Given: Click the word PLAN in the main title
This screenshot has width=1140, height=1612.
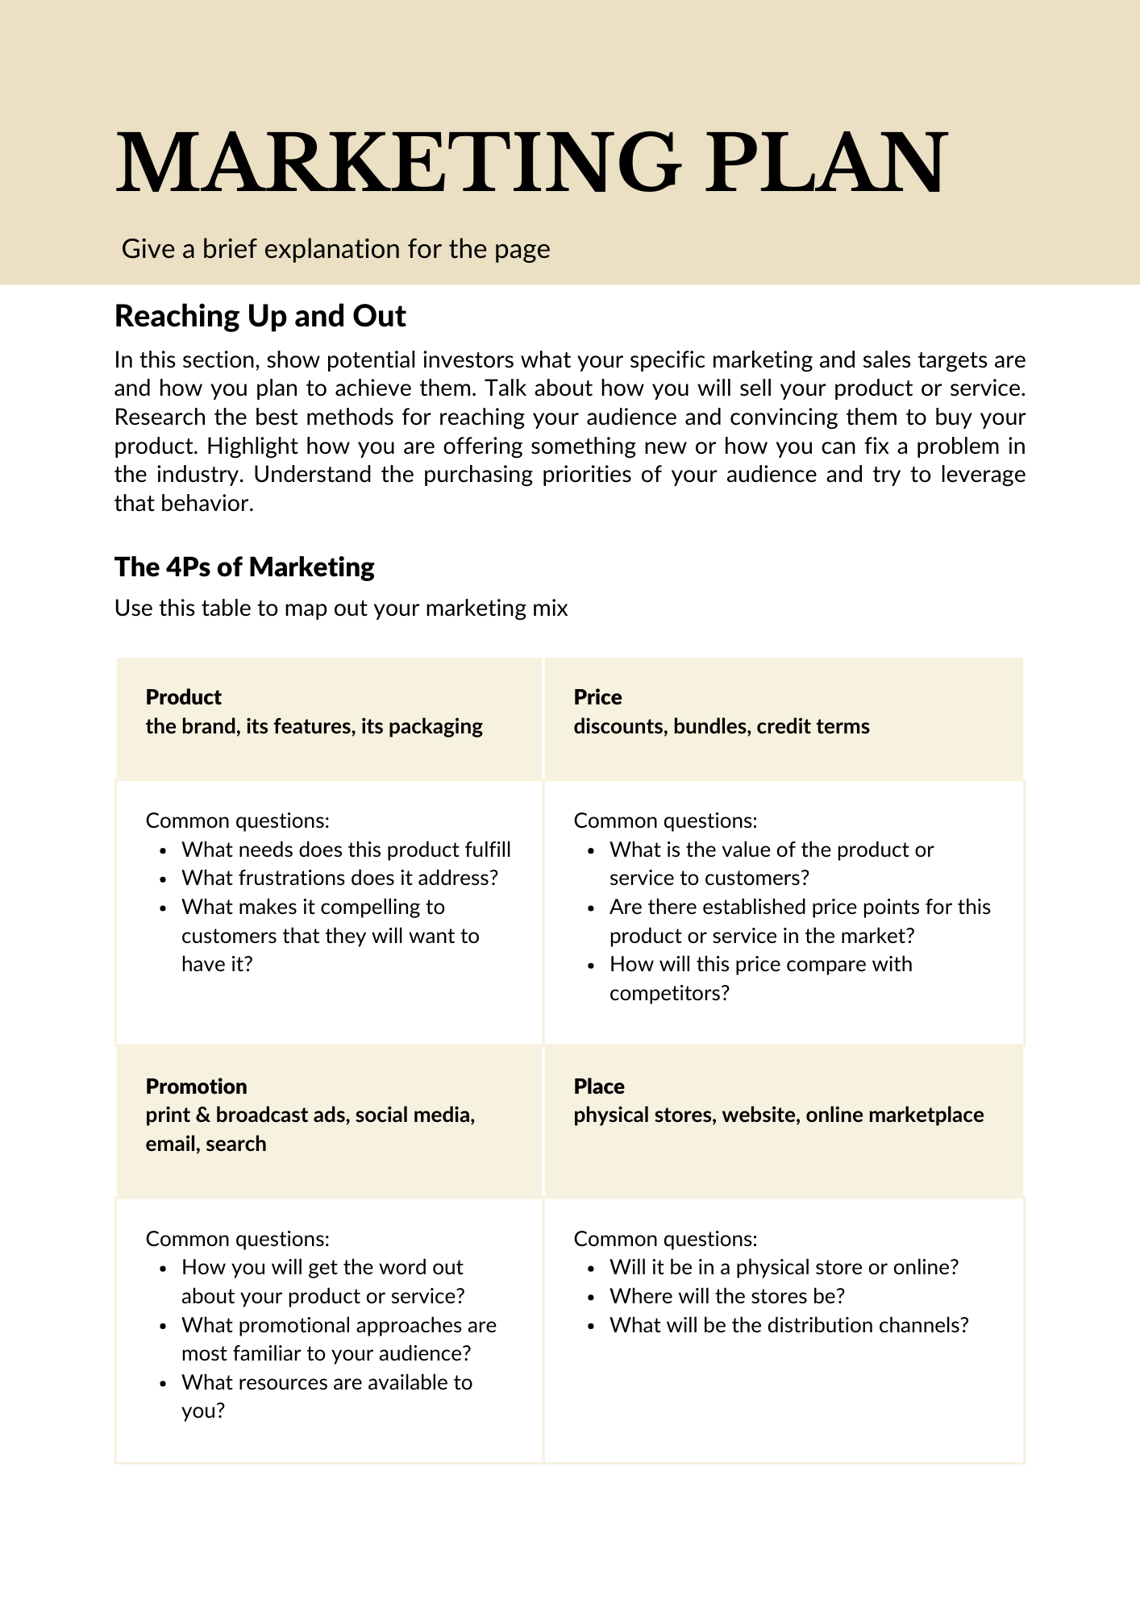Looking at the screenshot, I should pos(826,163).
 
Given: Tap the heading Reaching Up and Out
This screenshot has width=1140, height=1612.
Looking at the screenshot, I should pos(260,316).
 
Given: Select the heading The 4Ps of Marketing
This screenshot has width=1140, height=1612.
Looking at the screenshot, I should pos(244,567).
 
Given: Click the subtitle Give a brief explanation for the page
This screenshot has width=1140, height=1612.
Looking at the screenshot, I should pos(335,249).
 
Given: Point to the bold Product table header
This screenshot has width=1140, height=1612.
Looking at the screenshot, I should pos(183,697).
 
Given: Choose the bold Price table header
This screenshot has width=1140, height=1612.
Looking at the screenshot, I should pos(597,697).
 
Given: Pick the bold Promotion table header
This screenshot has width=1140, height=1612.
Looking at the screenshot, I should pos(196,1086).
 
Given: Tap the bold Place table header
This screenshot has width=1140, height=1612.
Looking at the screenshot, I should pos(599,1086).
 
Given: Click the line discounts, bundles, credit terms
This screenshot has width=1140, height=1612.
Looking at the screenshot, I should pos(721,726).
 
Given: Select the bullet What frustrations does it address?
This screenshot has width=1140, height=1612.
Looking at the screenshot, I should pos(339,878).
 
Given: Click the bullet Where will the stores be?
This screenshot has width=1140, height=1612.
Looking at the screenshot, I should pos(726,1296).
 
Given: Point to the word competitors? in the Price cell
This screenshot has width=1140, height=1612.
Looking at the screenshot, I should pos(669,993).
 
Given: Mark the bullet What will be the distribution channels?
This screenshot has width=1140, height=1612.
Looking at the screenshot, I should pos(788,1325).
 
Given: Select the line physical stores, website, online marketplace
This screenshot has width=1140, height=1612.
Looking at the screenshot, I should pos(778,1115).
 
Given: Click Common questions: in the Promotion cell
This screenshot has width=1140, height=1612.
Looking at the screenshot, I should pos(237,1239).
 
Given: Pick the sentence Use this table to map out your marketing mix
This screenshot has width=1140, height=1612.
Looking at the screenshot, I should pos(341,608).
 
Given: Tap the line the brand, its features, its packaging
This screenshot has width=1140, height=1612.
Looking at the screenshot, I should pos(314,726).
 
